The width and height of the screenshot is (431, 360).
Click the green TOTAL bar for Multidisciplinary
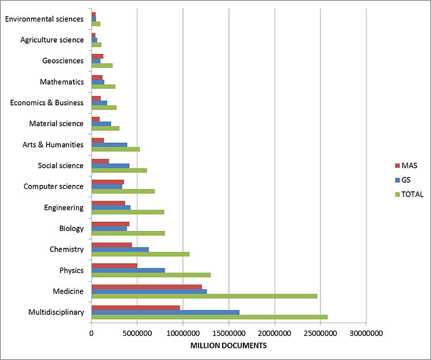click(x=209, y=317)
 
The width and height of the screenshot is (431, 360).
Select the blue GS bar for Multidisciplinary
click(x=165, y=312)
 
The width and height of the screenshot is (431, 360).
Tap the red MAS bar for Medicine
click(x=147, y=286)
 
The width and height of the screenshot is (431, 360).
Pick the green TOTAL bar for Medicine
click(x=204, y=296)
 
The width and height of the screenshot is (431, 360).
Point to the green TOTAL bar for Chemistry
click(x=140, y=254)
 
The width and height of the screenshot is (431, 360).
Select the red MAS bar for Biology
click(x=110, y=223)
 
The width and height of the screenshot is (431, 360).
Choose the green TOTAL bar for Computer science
click(x=123, y=191)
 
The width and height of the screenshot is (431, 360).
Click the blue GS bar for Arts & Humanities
click(x=109, y=145)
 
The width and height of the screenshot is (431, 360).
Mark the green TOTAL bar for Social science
click(x=119, y=170)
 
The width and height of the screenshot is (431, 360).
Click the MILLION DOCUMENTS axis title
click(x=229, y=346)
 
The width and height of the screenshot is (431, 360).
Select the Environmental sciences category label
click(x=44, y=19)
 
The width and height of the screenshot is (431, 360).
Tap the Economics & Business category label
click(x=47, y=103)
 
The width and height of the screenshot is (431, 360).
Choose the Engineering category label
click(x=63, y=207)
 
